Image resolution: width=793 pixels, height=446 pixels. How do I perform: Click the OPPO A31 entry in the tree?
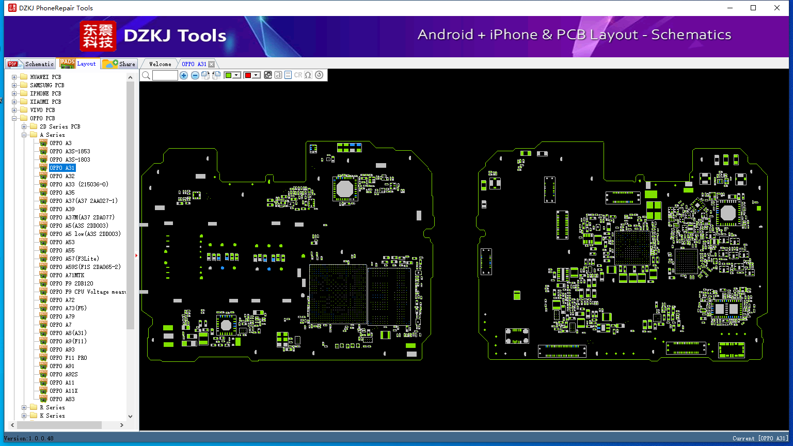[62, 168]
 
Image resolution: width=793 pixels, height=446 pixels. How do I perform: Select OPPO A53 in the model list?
[62, 242]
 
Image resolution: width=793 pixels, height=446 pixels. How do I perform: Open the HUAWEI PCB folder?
[45, 77]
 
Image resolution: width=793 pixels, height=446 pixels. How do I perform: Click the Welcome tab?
[160, 64]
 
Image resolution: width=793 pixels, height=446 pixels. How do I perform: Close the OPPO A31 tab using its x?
[211, 64]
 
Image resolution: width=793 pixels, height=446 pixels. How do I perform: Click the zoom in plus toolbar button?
[184, 75]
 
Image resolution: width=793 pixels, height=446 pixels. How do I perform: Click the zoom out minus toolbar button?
[195, 75]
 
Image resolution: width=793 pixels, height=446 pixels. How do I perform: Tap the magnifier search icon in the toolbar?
[146, 75]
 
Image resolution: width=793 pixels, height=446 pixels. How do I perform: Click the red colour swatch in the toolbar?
[248, 75]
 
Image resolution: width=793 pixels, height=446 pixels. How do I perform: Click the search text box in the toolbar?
[165, 75]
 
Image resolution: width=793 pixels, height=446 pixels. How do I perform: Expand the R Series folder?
[24, 407]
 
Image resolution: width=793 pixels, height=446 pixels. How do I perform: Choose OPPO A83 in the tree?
[62, 399]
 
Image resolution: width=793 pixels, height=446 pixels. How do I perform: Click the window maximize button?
[753, 8]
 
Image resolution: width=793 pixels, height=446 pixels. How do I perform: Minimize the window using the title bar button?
[729, 8]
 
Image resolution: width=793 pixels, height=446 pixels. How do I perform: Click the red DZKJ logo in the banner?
[98, 36]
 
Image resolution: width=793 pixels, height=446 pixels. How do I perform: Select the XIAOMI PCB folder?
[45, 102]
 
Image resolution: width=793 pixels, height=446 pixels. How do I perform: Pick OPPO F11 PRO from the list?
[68, 358]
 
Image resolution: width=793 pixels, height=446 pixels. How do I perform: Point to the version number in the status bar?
[40, 438]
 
